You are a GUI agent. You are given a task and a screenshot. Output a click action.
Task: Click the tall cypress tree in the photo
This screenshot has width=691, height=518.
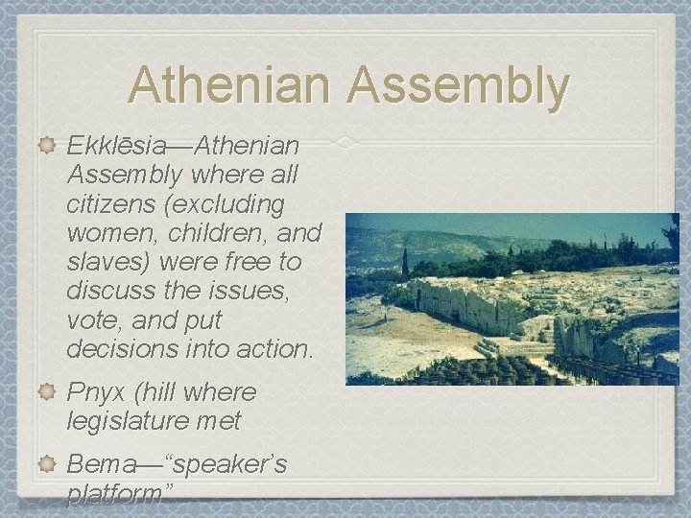click(x=405, y=262)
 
